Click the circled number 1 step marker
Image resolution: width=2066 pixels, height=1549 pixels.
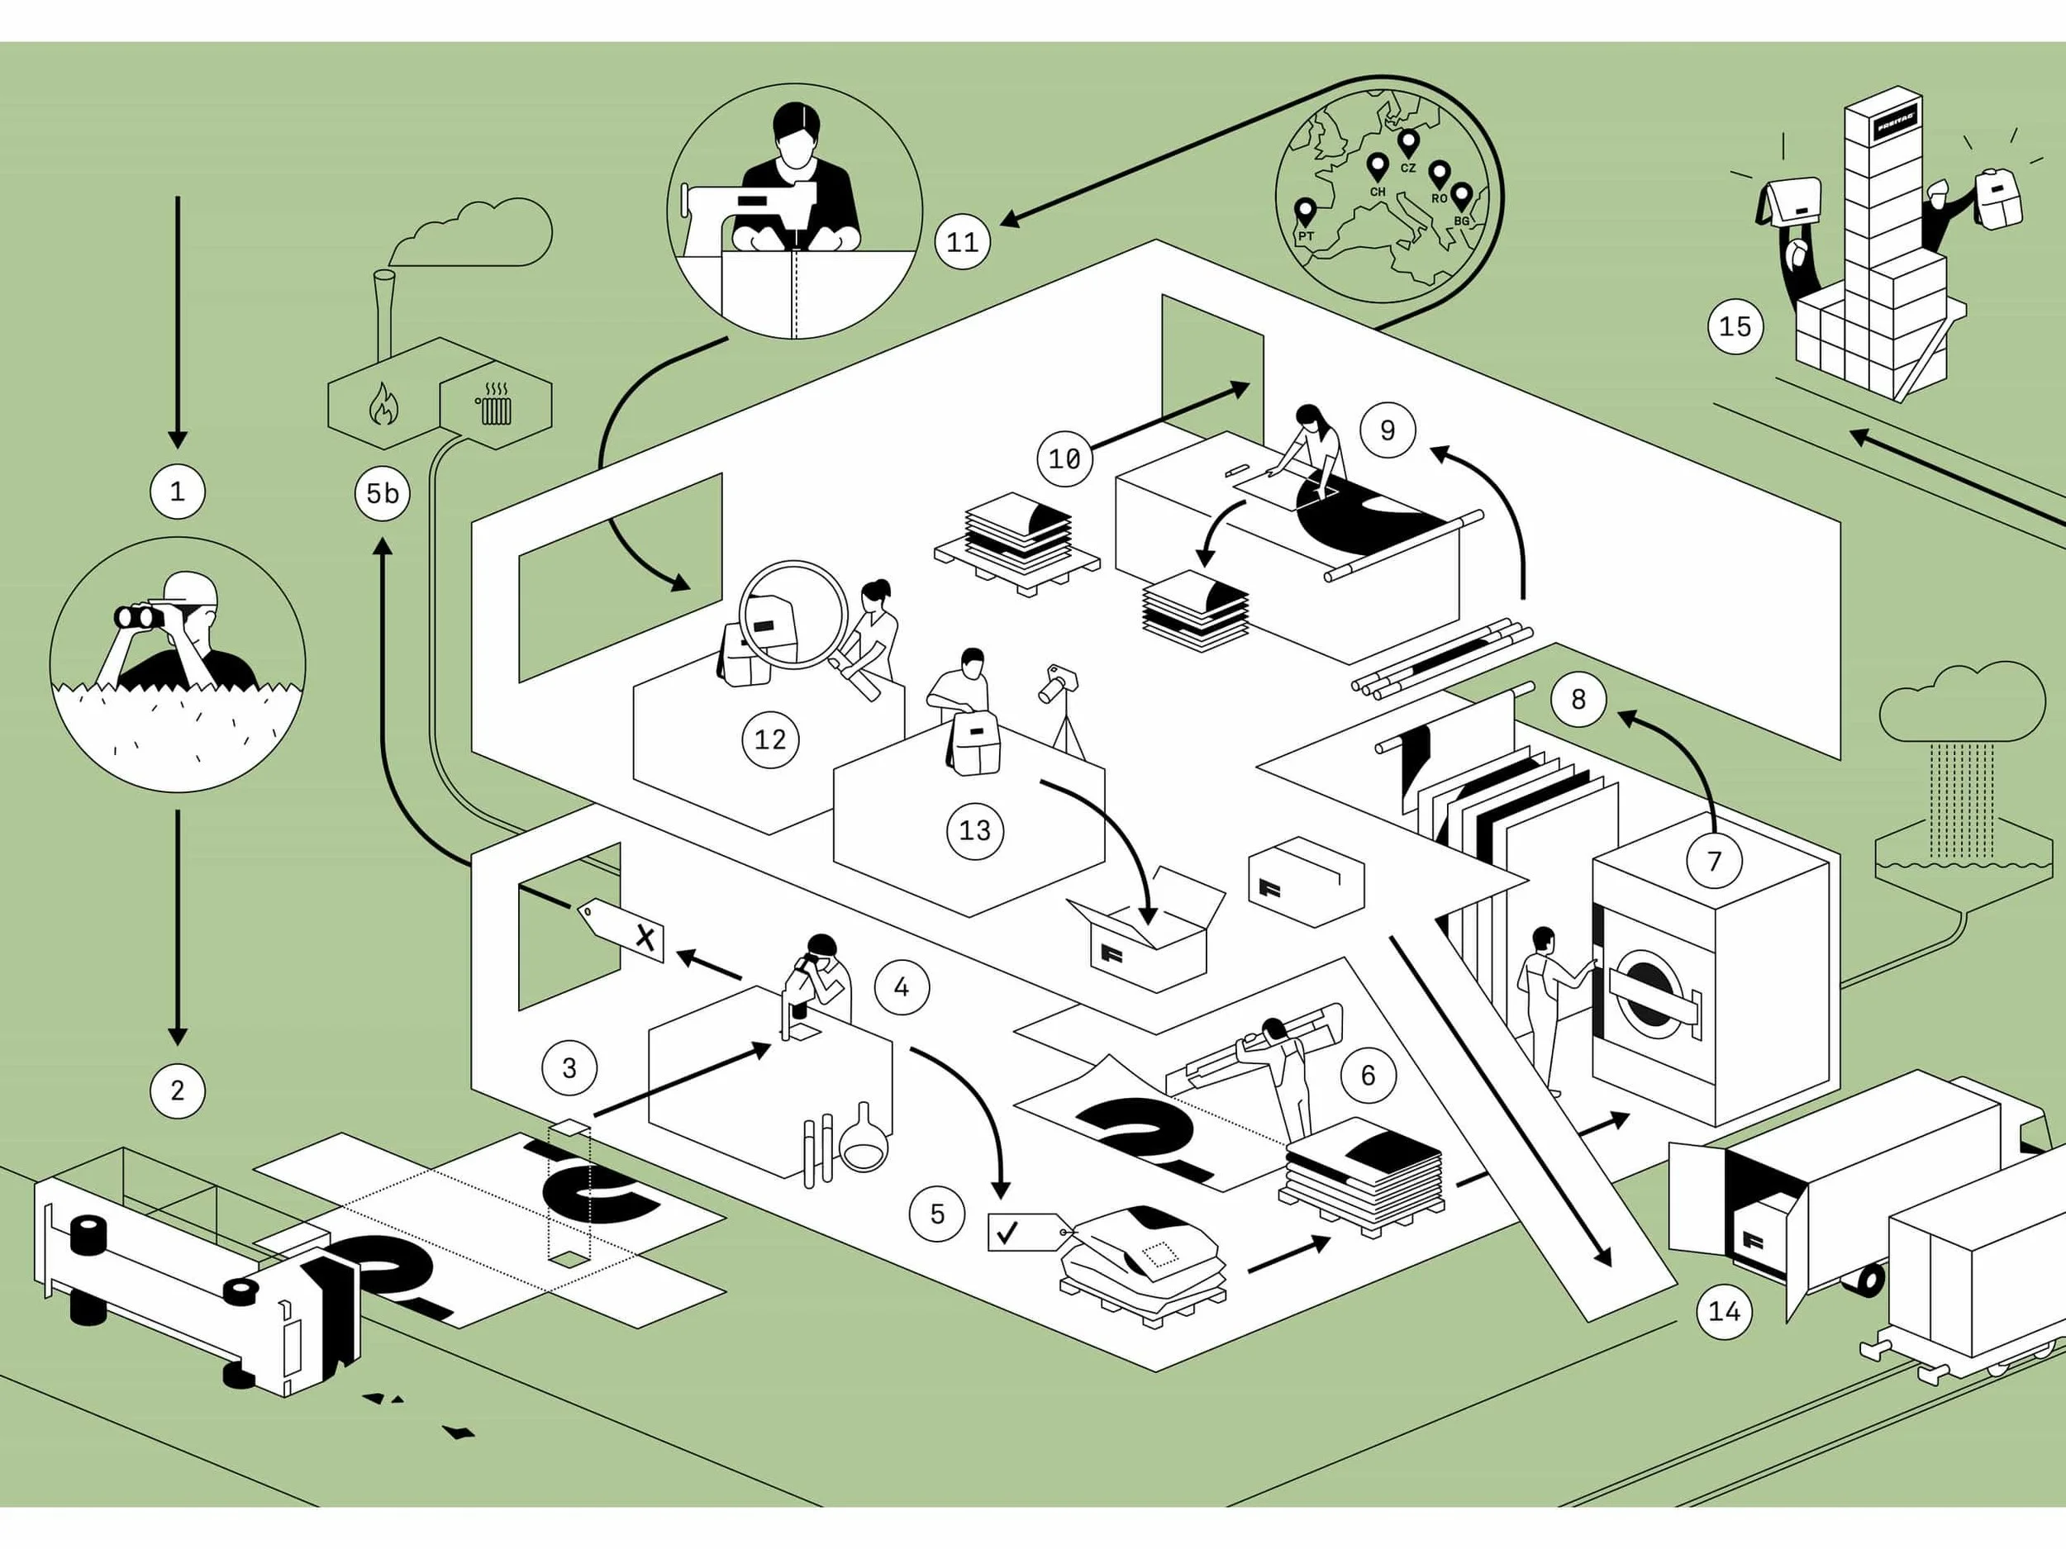pos(178,491)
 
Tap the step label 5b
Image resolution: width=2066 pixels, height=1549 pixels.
pos(382,493)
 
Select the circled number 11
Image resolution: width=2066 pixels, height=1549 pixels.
pos(962,243)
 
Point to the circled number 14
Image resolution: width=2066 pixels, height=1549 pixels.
pos(1724,1311)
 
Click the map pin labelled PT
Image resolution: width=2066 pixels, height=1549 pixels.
pos(1305,210)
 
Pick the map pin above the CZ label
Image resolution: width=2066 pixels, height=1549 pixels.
pos(1407,143)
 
